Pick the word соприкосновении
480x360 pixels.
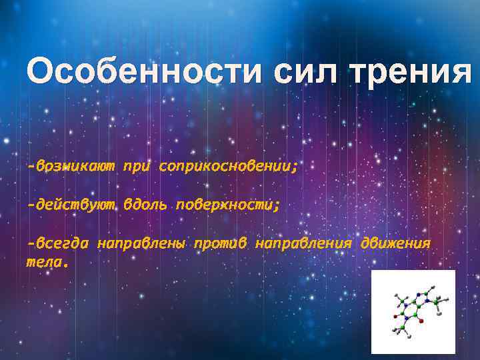point(224,166)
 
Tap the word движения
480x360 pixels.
point(395,244)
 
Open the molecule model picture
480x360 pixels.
point(413,311)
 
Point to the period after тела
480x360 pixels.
point(65,264)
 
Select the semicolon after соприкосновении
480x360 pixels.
point(294,168)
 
